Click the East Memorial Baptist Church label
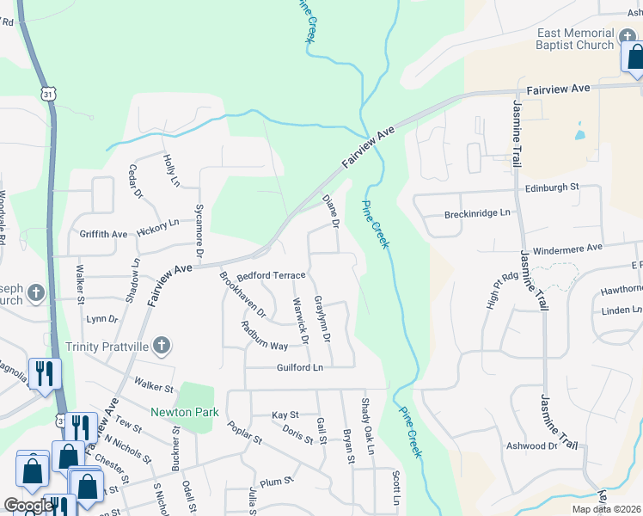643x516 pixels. pyautogui.click(x=575, y=39)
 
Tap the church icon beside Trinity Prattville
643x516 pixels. pyautogui.click(x=162, y=347)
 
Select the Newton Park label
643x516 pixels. pyautogui.click(x=185, y=412)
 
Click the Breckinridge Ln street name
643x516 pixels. pyautogui.click(x=477, y=212)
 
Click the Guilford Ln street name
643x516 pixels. pyautogui.click(x=300, y=367)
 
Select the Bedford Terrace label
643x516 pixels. pyautogui.click(x=272, y=275)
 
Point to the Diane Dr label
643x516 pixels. pyautogui.click(x=331, y=212)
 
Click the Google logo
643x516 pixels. pyautogui.click(x=28, y=506)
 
